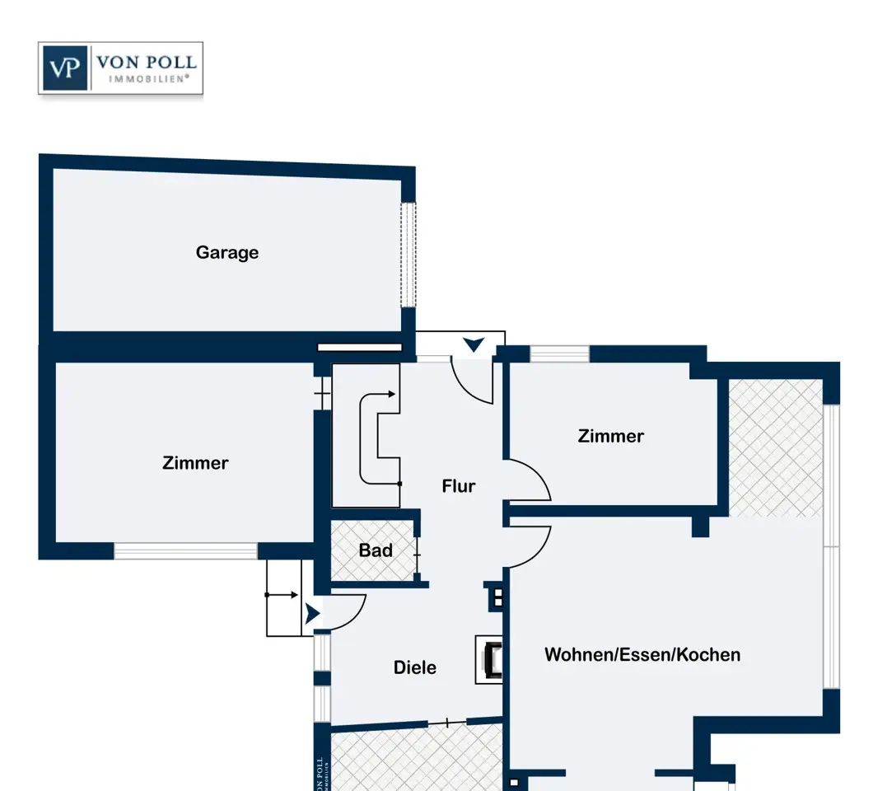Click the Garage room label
coord(227,253)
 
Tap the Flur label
coord(458,486)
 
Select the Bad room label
coord(376,550)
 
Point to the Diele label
coord(415,667)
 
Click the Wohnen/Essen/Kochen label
coord(642,654)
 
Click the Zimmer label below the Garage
coord(195,463)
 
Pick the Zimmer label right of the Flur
coord(611,436)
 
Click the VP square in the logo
coord(65,68)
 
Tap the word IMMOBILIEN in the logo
coord(148,79)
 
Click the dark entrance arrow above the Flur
coord(474,344)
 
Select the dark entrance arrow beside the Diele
coord(312,614)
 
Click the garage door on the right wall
coord(408,255)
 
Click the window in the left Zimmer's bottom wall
coord(185,551)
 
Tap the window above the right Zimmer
coord(559,353)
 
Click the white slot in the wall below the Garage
coord(360,348)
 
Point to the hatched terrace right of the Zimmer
coord(776,448)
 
